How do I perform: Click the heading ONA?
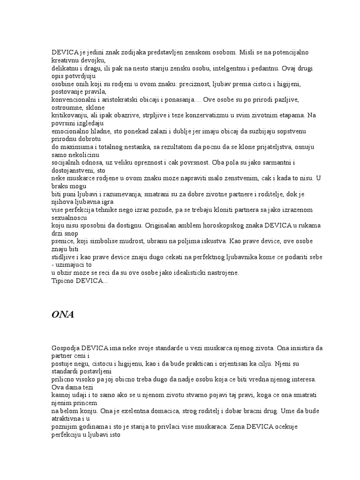tap(62, 315)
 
